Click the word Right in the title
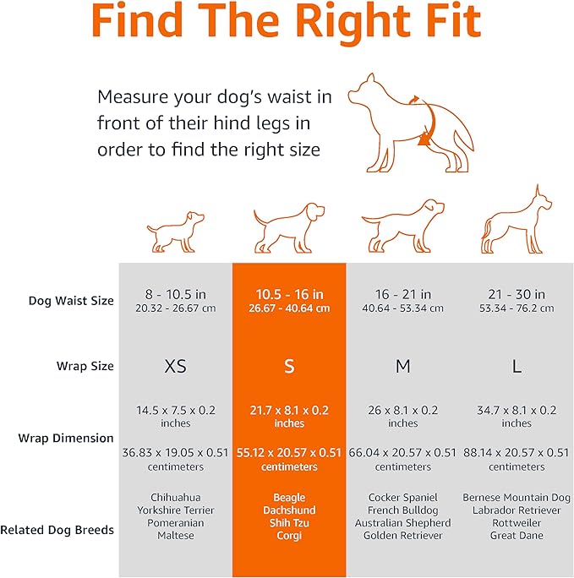pos(353,22)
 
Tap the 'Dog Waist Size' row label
pos(71,301)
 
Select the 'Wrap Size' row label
pos(85,366)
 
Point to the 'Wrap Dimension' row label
pos(66,438)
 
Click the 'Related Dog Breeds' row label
pos(57,530)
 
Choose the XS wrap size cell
pos(176,367)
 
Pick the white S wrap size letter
pos(289,367)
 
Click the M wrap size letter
pos(403,367)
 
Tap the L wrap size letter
pos(517,367)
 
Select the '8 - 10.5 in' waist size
pos(176,294)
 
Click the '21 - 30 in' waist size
pos(517,294)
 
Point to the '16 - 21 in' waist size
pos(403,294)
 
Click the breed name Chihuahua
pos(176,497)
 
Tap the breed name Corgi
pos(289,535)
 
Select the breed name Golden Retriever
pos(403,535)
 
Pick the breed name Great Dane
pos(517,535)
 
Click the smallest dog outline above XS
pos(176,232)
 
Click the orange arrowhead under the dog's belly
pos(424,139)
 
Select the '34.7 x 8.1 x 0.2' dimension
pos(517,410)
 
